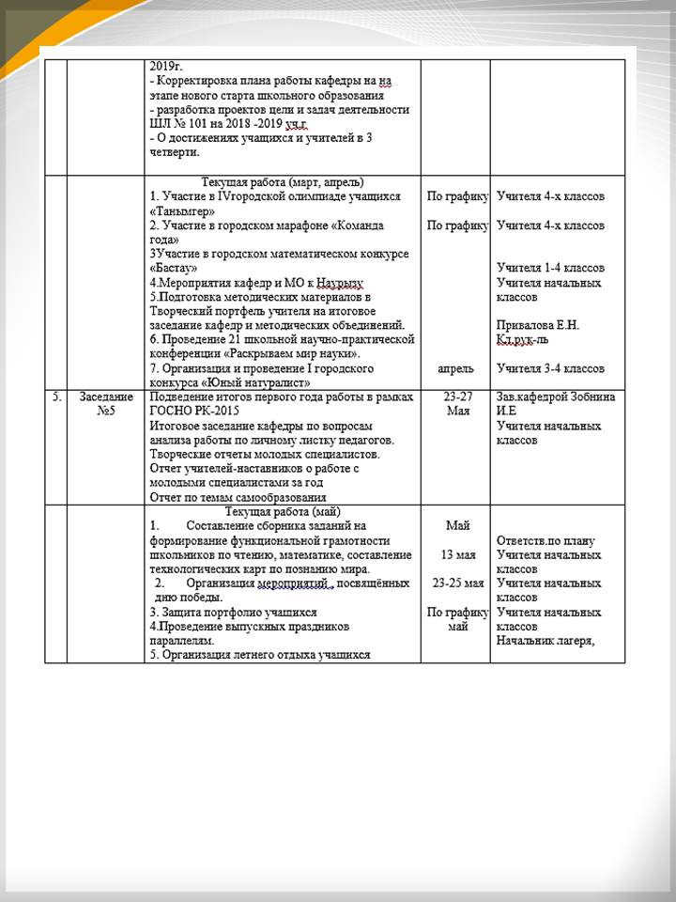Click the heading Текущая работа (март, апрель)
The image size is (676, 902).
[283, 182]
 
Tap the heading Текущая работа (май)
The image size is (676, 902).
[282, 512]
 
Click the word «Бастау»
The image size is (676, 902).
[173, 269]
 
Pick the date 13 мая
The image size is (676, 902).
[455, 555]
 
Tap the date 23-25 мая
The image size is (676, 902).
[456, 583]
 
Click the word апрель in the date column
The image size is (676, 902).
[455, 369]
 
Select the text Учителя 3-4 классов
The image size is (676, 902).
[551, 369]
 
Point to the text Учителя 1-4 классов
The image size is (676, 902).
[551, 269]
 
